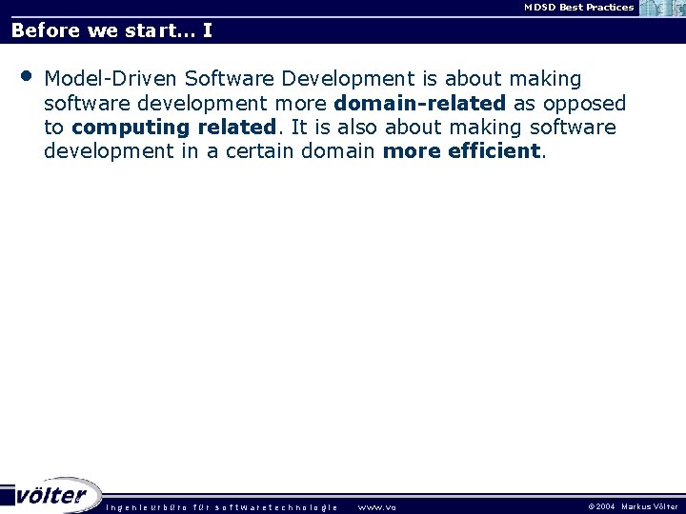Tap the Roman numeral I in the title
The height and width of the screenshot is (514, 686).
pyautogui.click(x=207, y=30)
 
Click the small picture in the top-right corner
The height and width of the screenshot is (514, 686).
pyautogui.click(x=662, y=9)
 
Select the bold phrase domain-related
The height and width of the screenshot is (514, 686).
pyautogui.click(x=419, y=103)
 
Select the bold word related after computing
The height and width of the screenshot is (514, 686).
pyautogui.click(x=234, y=128)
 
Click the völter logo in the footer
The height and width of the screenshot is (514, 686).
pyautogui.click(x=51, y=495)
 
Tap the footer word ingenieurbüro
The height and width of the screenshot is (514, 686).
pyautogui.click(x=147, y=507)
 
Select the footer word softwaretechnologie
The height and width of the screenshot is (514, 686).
pyautogui.click(x=276, y=507)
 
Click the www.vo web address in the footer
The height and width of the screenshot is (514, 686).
pyautogui.click(x=376, y=507)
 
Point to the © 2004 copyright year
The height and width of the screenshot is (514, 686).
pyautogui.click(x=601, y=507)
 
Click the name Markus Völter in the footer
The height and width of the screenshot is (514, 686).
pyautogui.click(x=650, y=507)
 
